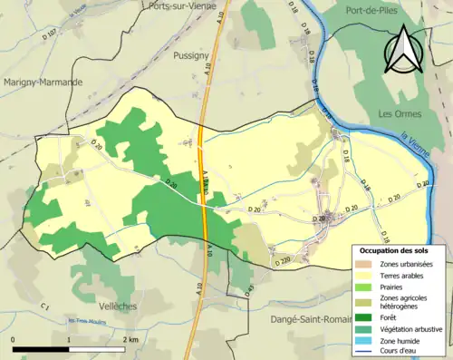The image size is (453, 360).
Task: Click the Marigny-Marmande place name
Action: (43, 82)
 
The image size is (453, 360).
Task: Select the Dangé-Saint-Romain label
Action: (312, 319)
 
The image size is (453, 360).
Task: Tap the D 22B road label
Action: (281, 261)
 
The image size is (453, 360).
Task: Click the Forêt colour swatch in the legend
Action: (363, 316)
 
